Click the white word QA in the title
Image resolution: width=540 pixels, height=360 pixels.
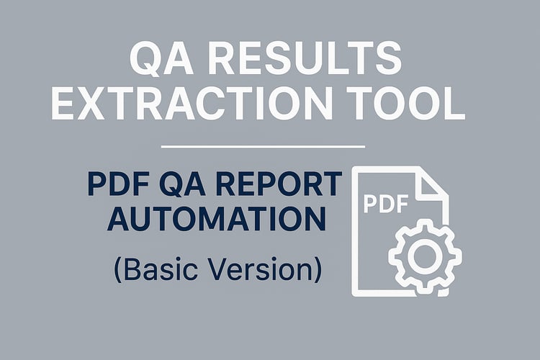click(161, 58)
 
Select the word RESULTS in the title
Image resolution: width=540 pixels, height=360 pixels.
click(305, 58)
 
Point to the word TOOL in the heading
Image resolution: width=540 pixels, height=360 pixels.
click(405, 104)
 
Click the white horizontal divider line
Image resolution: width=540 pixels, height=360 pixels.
click(263, 147)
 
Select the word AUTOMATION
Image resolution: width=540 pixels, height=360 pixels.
click(217, 219)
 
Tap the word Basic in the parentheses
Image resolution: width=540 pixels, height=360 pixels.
click(161, 269)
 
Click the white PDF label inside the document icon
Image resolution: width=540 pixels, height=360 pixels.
click(386, 204)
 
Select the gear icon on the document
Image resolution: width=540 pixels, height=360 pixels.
click(425, 256)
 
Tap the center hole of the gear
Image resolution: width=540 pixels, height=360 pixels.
click(425, 256)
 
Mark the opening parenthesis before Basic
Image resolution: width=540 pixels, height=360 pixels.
click(118, 270)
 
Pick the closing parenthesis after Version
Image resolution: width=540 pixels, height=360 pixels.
click(318, 270)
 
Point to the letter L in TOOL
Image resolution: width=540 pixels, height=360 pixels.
click(454, 104)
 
